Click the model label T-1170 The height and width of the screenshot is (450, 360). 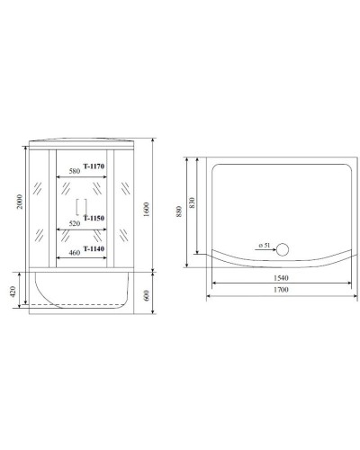(x=94, y=166)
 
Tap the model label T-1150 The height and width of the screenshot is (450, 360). (x=94, y=218)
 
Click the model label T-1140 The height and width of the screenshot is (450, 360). (x=94, y=248)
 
